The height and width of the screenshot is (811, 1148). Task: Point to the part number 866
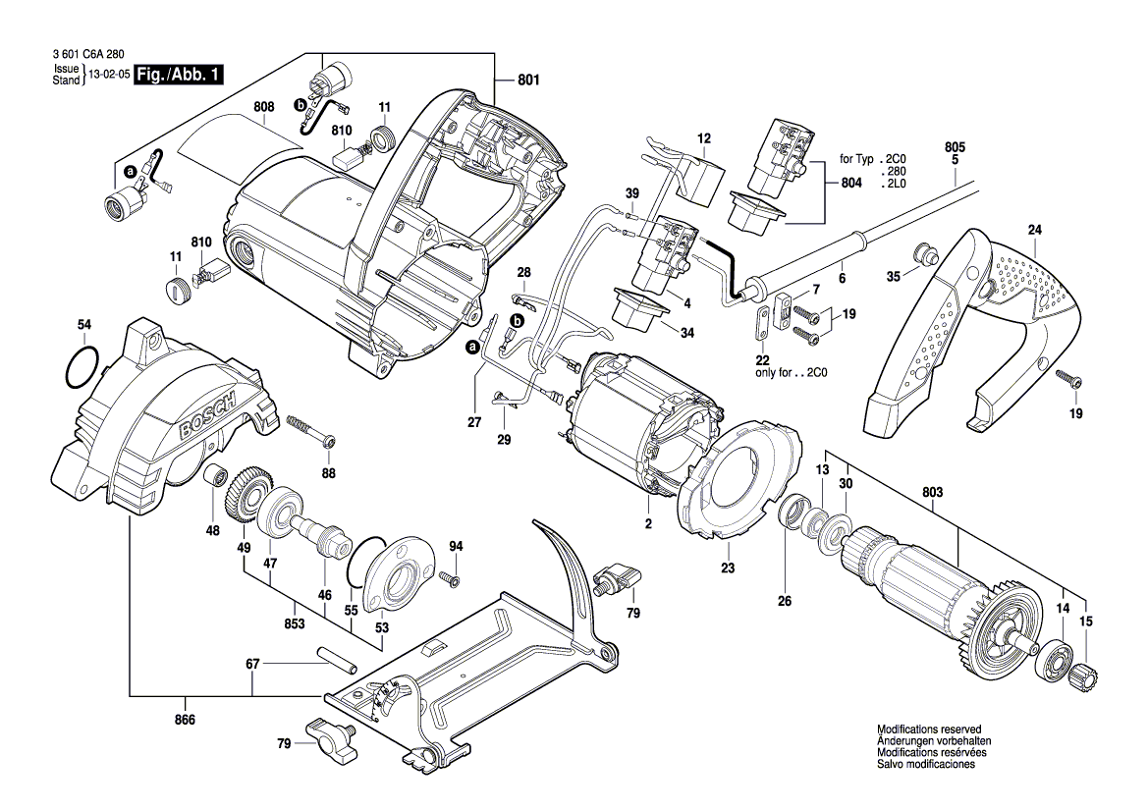pos(185,720)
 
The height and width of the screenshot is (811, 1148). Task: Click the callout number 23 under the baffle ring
pos(728,567)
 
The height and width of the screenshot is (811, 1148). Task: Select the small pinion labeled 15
pos(1083,677)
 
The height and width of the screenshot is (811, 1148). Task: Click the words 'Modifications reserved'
pos(928,730)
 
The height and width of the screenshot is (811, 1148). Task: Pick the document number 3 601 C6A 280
pos(84,58)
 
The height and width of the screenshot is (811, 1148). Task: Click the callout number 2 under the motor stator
pos(648,524)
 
